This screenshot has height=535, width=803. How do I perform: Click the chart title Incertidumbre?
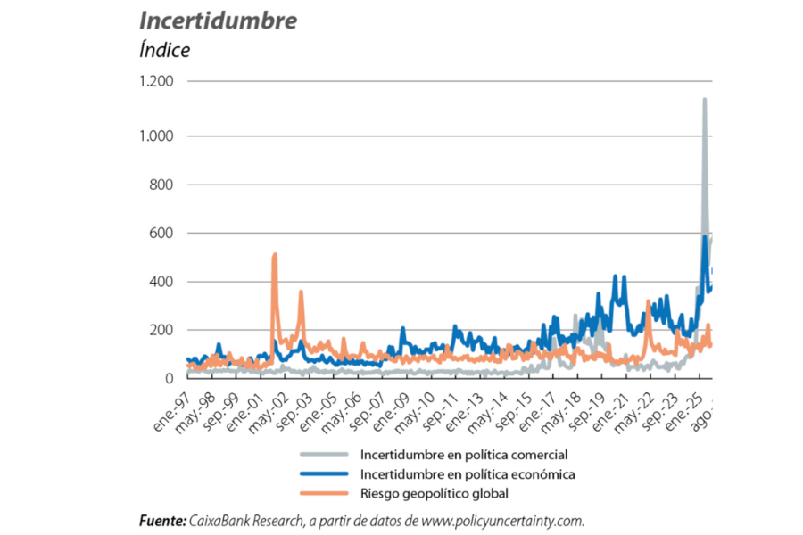219,21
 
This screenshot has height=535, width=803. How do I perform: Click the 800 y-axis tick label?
161,185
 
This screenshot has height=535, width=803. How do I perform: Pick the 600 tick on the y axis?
161,234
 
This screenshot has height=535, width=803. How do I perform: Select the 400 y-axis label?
161,283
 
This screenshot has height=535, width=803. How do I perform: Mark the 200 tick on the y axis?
161,331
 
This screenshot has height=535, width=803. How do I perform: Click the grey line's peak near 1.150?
705,99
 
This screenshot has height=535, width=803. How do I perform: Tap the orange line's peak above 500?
275,255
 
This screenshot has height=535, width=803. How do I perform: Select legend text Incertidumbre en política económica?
467,473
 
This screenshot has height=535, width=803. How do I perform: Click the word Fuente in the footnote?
162,521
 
